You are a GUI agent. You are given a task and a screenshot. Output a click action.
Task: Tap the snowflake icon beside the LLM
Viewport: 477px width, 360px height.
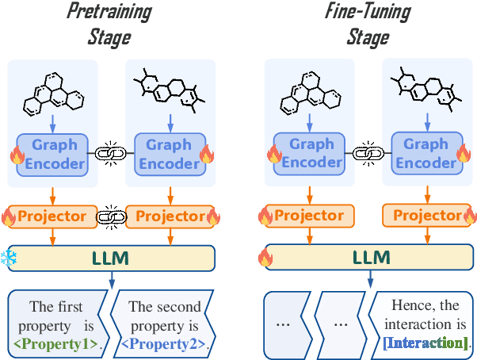point(9,259)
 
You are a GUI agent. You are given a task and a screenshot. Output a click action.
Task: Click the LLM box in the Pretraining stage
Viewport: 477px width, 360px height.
point(110,259)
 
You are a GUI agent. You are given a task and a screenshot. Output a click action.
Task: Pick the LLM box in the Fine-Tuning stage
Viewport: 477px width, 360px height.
point(368,259)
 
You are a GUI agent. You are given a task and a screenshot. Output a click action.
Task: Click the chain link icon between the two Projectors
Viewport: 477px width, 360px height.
point(110,216)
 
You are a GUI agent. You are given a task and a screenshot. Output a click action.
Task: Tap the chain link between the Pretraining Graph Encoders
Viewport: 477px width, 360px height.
point(110,153)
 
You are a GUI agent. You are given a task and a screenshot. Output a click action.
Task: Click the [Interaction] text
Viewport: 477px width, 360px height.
point(425,343)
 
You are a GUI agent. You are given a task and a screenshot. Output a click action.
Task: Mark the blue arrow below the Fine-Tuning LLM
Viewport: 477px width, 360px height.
point(368,279)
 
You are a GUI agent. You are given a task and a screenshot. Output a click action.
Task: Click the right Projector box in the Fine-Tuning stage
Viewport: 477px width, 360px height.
point(426,216)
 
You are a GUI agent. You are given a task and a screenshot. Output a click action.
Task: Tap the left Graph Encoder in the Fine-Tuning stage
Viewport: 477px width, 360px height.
point(311,154)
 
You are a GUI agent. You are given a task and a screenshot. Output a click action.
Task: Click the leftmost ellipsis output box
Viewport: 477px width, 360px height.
point(288,324)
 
